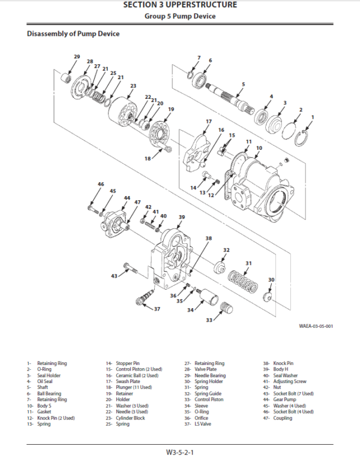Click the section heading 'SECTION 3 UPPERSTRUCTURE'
180,5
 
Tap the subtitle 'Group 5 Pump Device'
180,16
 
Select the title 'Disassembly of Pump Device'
73,34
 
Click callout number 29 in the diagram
77,56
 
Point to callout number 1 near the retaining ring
312,117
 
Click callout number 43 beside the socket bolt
114,276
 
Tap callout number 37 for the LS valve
157,309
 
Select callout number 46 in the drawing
101,185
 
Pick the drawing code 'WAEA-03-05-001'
316,327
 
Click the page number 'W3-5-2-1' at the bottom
180,451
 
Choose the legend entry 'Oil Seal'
44,381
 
